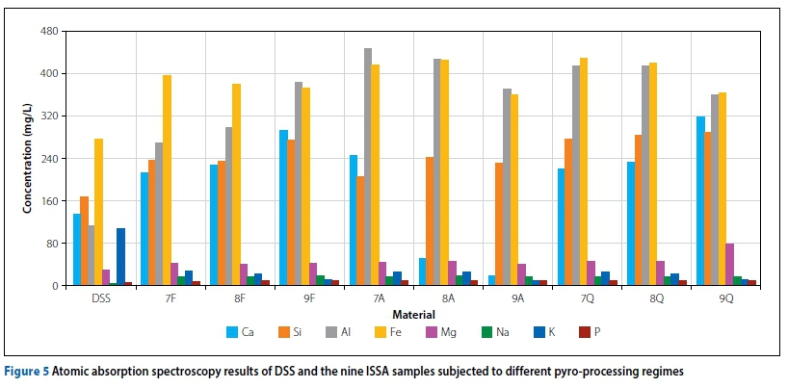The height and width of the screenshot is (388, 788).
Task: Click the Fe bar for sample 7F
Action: click(x=167, y=180)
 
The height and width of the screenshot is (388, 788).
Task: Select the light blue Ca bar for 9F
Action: click(x=283, y=207)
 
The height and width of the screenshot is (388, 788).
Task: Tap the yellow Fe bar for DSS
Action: click(x=98, y=212)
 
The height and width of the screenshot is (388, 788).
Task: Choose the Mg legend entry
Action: click(x=436, y=332)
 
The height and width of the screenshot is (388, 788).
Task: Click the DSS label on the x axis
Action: click(x=102, y=299)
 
